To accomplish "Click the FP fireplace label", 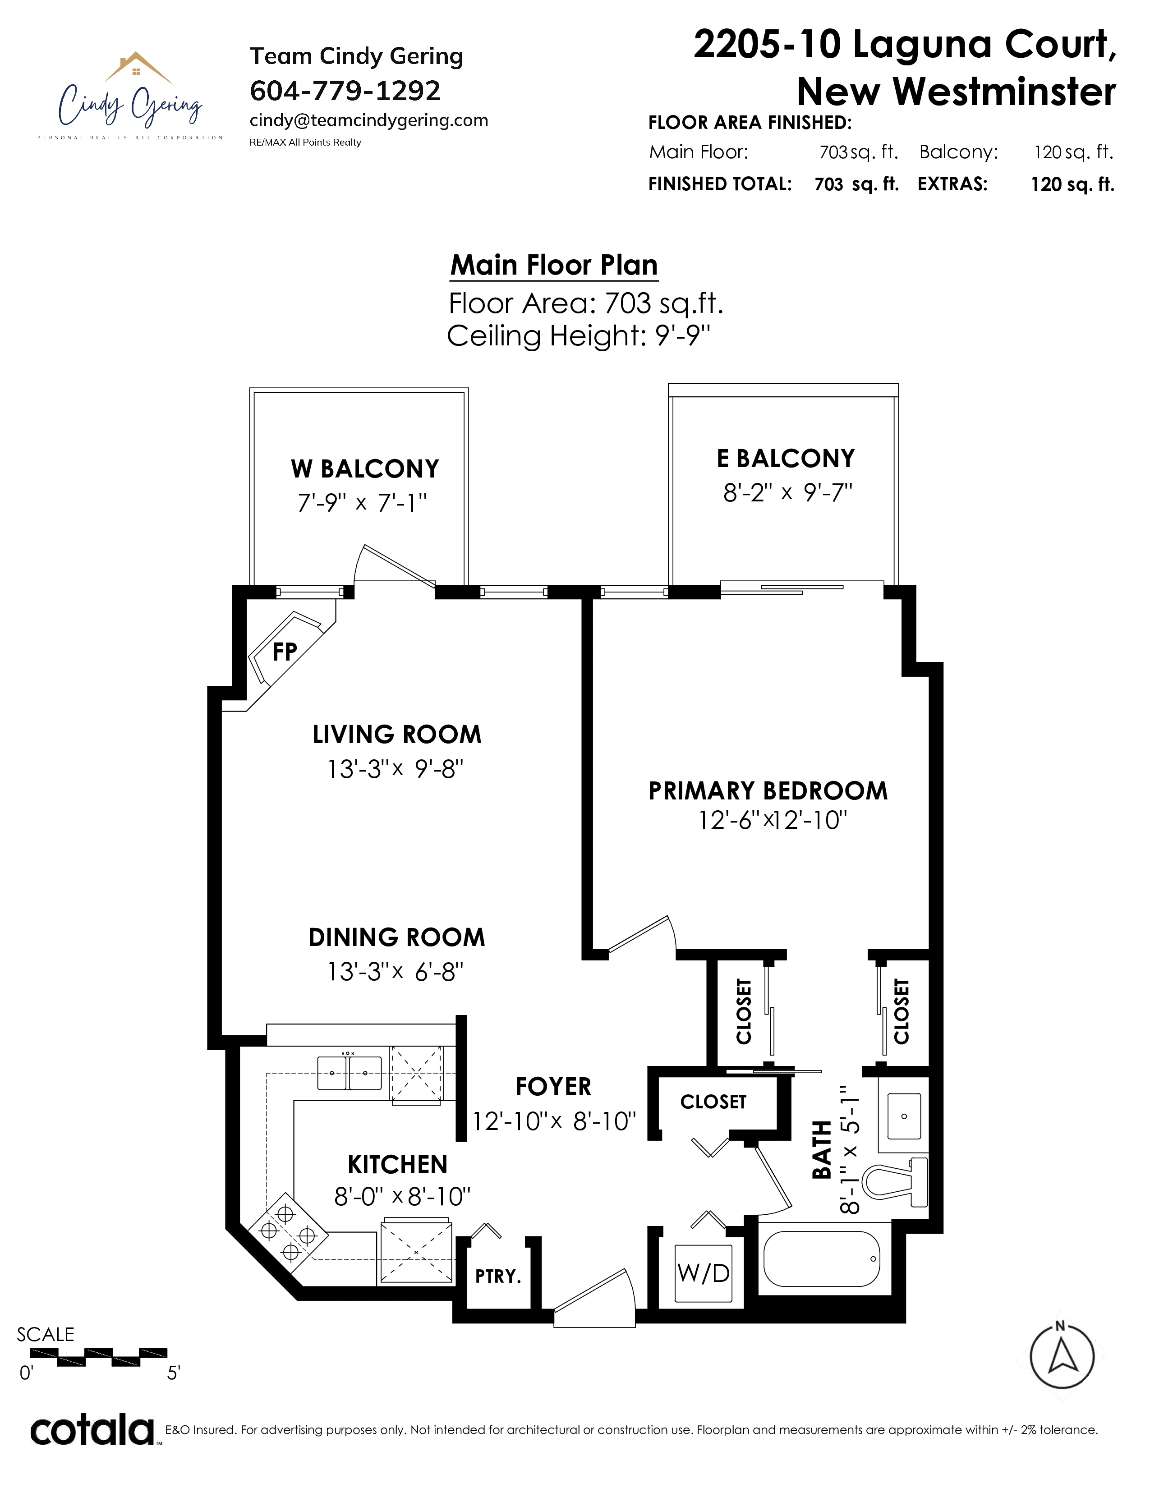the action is coord(285,652).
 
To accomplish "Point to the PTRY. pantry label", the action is coord(498,1276).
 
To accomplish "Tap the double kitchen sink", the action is coord(350,1072).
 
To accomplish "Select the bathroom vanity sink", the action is coord(904,1115).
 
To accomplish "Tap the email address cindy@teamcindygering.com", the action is coord(368,120).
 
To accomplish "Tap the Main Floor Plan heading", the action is coord(554,265).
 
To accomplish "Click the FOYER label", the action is coord(554,1087).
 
